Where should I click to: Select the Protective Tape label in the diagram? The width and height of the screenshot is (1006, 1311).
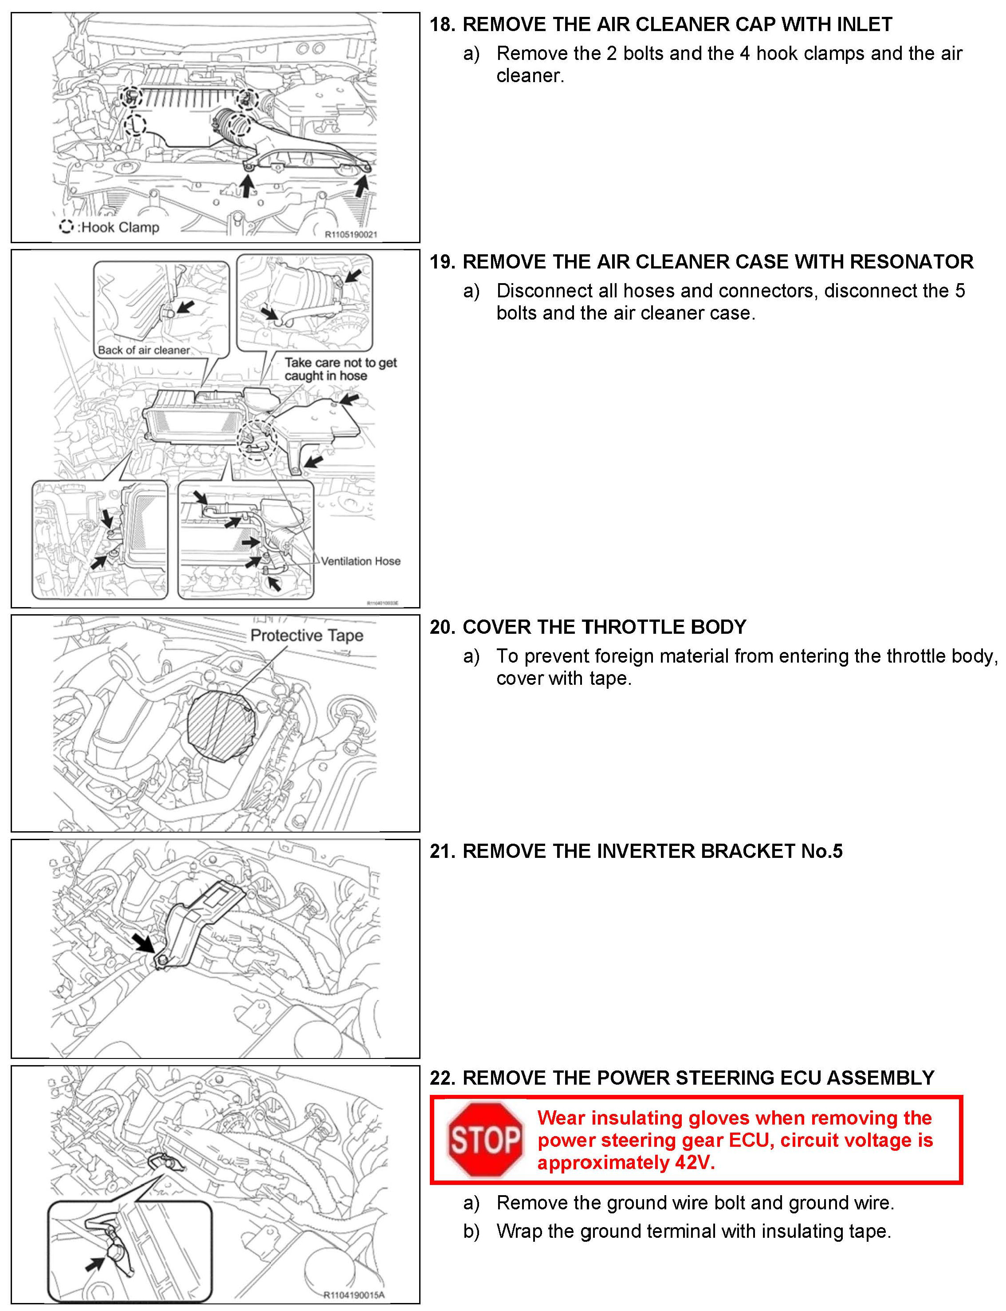coord(307,635)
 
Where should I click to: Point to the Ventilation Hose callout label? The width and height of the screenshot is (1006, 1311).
coord(361,561)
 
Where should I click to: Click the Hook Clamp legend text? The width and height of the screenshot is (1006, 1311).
coord(120,227)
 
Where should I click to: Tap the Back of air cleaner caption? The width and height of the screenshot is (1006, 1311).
coord(144,350)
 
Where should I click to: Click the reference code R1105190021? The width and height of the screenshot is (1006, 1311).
coord(351,234)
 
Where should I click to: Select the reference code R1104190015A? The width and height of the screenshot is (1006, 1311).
coord(354,1295)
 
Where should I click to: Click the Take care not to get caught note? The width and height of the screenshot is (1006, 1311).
coord(340,369)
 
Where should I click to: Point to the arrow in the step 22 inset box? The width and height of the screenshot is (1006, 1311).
coord(95,1263)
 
